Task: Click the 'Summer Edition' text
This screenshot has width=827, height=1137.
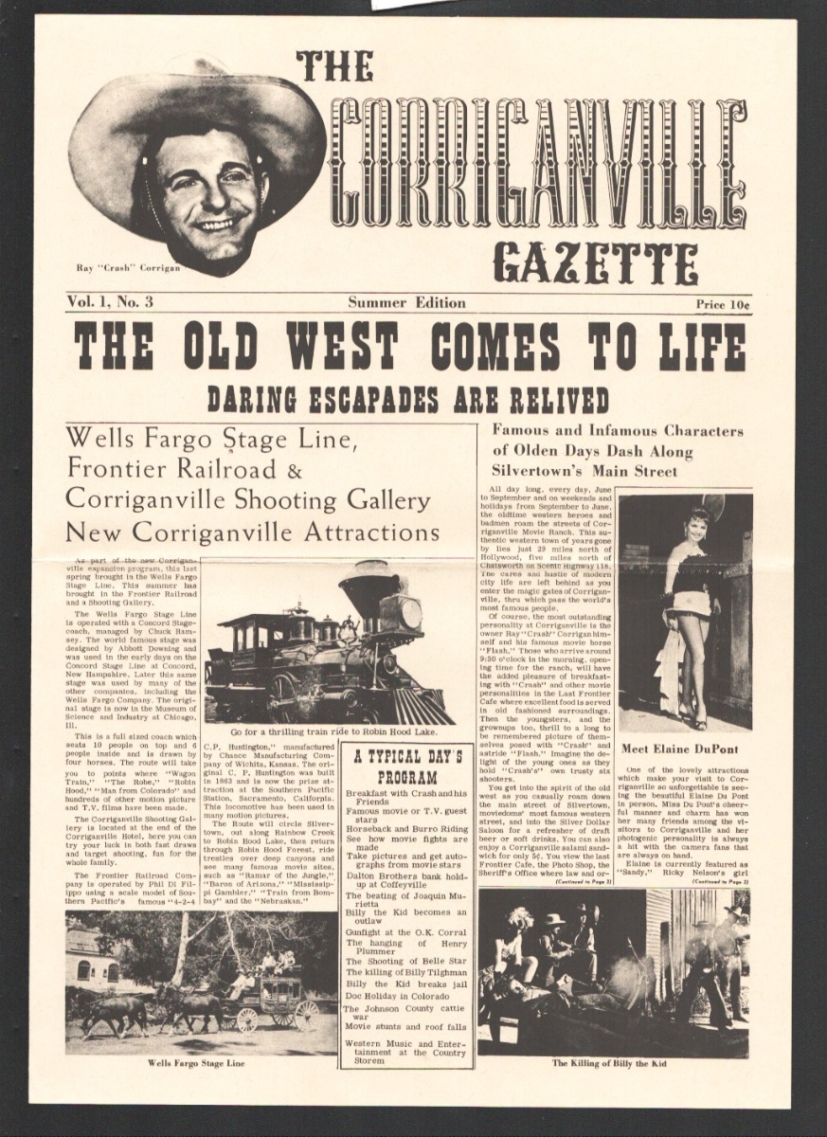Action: [406, 303]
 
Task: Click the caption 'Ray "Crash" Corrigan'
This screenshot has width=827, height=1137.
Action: [128, 268]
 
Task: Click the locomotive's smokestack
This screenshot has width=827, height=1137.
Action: [369, 588]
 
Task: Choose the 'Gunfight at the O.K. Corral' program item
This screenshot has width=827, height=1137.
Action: [405, 933]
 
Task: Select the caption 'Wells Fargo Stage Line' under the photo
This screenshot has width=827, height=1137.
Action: [196, 1063]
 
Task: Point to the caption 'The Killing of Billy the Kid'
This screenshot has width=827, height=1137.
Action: [609, 1064]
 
